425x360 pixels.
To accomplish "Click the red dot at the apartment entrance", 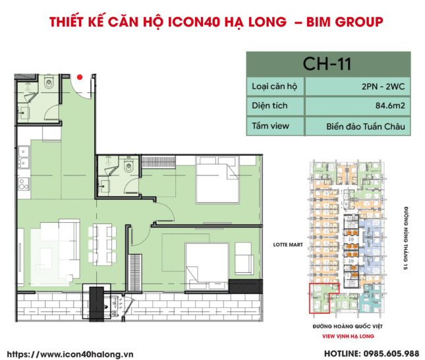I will pyautogui.click(x=80, y=76).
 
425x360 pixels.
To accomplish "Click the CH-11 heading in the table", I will pyautogui.click(x=327, y=64).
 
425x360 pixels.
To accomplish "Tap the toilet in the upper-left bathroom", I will pyautogui.click(x=50, y=84).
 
